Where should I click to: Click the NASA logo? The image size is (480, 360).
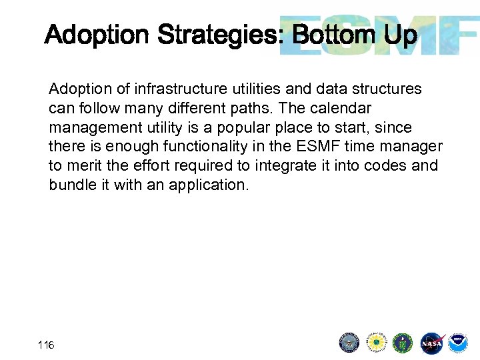pyautogui.click(x=431, y=343)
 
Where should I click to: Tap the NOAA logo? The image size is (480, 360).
pyautogui.click(x=458, y=343)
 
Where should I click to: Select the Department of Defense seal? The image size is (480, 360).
pyautogui.click(x=349, y=343)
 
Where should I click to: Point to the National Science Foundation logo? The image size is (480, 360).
pyautogui.click(x=377, y=343)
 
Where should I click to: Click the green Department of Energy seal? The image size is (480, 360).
pyautogui.click(x=403, y=343)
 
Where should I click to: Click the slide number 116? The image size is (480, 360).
pyautogui.click(x=46, y=345)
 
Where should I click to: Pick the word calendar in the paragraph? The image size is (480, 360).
pyautogui.click(x=349, y=108)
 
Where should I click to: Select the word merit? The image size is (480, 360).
pyautogui.click(x=81, y=166)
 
